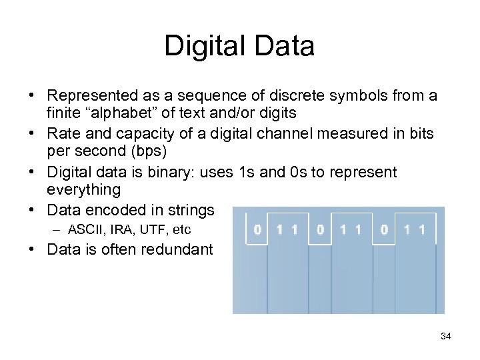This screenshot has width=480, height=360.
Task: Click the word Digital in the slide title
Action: pyautogui.click(x=201, y=47)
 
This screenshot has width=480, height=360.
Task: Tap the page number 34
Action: pyautogui.click(x=446, y=336)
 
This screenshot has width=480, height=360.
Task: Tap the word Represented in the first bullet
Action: pyautogui.click(x=91, y=96)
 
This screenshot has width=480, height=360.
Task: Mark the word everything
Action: pyautogui.click(x=84, y=190)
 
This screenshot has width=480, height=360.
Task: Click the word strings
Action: pyautogui.click(x=191, y=211)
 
